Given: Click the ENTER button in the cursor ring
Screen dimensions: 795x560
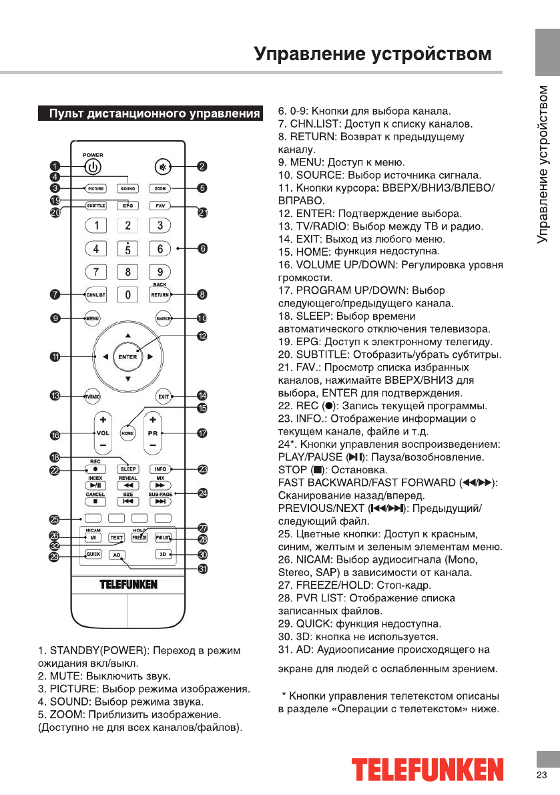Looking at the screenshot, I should click(127, 356).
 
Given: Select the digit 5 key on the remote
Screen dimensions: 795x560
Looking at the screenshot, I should click(127, 249).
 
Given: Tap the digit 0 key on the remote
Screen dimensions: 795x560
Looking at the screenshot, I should click(127, 294).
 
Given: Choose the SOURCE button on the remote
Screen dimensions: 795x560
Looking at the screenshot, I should click(164, 318).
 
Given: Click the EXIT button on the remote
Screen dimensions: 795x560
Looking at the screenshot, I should click(162, 396).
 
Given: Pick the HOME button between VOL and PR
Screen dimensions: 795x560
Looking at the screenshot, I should click(127, 433).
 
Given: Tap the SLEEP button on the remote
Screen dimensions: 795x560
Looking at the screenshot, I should click(127, 469).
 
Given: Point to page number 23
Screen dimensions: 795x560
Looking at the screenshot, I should click(541, 774).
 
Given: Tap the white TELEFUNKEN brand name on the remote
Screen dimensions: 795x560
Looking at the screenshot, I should click(128, 585).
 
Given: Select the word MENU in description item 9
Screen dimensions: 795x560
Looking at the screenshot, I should click(306, 162).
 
